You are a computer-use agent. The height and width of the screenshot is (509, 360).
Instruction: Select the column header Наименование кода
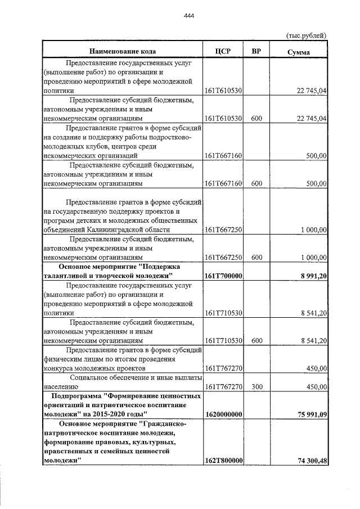tap(121, 52)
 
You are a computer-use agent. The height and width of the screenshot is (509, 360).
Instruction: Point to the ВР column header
tap(256, 52)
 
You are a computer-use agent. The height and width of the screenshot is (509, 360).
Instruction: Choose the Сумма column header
tap(299, 52)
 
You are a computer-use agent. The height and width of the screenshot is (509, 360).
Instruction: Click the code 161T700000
tap(223, 276)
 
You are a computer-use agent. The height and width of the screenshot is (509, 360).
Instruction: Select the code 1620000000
tap(223, 415)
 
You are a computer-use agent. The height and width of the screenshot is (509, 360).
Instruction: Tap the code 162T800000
tap(223, 461)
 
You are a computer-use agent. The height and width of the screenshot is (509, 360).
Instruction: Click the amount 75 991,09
tap(309, 415)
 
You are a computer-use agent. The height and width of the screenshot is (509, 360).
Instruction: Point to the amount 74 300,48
tap(309, 461)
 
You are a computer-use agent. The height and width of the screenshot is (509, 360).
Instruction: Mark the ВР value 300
tap(256, 386)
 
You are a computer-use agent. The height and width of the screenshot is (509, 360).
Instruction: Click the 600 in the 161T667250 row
tap(256, 257)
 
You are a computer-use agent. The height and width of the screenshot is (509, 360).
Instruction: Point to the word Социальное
tap(91, 377)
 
